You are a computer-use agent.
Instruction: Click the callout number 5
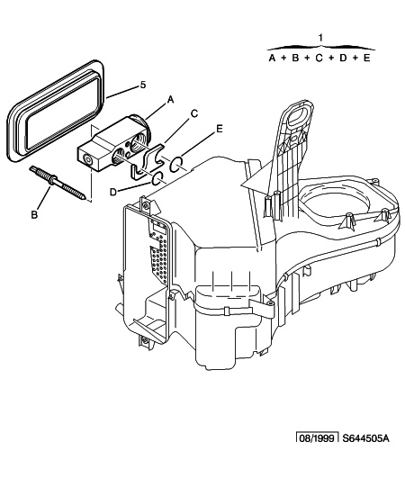pos(143,85)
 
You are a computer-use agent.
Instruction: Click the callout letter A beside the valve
pos(171,99)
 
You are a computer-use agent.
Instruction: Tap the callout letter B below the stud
pos(34,214)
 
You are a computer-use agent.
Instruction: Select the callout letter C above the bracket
pos(194,113)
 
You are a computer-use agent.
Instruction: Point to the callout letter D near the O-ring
pos(113,192)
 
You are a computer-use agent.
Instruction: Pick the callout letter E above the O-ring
pos(219,129)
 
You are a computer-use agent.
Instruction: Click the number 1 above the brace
pos(320,38)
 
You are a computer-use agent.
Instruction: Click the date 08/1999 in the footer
pos(318,438)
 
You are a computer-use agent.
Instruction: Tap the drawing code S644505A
pos(365,438)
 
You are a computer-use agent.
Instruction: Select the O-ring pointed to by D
pos(157,178)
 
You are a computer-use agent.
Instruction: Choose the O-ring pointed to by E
pos(176,164)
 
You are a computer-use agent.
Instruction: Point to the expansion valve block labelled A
pos(114,143)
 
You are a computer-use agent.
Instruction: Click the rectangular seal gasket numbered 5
pos(55,112)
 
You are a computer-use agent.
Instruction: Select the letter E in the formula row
pos(366,58)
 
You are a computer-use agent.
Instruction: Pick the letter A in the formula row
pos(272,58)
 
